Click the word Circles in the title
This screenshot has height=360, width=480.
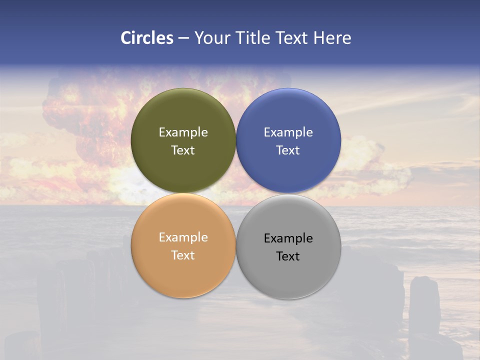click(146, 38)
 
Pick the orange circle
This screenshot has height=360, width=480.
click(183, 272)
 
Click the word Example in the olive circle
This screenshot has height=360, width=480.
click(183, 132)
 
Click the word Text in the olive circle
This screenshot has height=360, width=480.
click(183, 150)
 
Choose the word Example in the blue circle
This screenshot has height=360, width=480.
click(288, 132)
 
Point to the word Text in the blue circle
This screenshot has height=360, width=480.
click(288, 150)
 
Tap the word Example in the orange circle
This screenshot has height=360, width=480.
click(183, 237)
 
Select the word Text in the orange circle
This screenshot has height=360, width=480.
click(183, 255)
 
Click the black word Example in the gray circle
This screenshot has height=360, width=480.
click(288, 238)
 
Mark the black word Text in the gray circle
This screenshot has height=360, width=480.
click(288, 256)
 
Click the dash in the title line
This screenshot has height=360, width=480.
click(183, 38)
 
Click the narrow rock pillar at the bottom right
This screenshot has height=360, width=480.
click(424, 305)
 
